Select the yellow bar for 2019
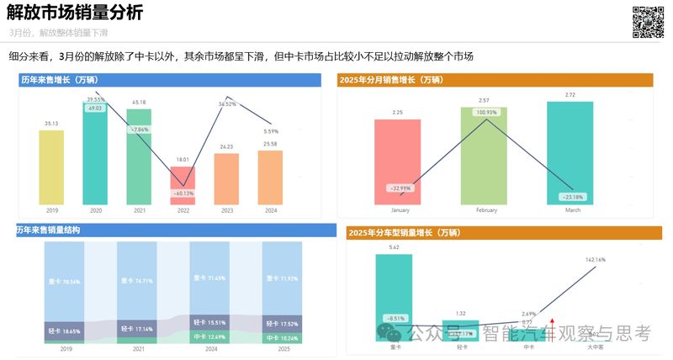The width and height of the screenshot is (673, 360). pos(52,169)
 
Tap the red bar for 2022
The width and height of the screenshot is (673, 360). pos(183,188)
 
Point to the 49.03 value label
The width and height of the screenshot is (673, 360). pos(95,109)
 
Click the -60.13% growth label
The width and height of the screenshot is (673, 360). pos(183,193)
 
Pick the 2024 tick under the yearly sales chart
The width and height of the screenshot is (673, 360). pos(270,212)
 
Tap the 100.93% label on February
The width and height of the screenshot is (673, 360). pos(485,113)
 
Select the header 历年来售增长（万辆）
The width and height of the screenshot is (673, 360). pos(59,79)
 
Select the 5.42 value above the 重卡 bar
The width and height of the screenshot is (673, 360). pos(395,247)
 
